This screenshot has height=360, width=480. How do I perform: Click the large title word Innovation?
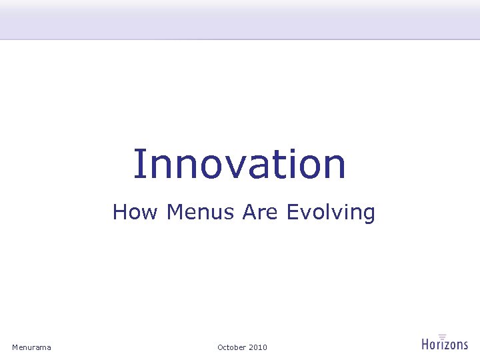pyautogui.click(x=239, y=164)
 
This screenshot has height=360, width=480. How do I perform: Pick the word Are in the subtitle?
pyautogui.click(x=261, y=213)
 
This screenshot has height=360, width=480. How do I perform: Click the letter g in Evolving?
pyautogui.click(x=369, y=215)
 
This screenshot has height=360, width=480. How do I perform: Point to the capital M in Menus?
pyautogui.click(x=174, y=212)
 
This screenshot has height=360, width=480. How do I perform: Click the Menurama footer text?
pyautogui.click(x=31, y=347)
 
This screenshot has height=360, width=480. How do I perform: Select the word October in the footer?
pyautogui.click(x=231, y=347)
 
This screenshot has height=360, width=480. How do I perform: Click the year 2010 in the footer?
pyautogui.click(x=258, y=347)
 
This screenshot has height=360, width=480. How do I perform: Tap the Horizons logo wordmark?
pyautogui.click(x=445, y=345)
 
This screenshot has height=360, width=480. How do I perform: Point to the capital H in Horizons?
pyautogui.click(x=426, y=344)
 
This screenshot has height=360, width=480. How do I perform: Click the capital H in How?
pyautogui.click(x=120, y=212)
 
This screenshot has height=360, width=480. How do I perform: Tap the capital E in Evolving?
pyautogui.click(x=292, y=212)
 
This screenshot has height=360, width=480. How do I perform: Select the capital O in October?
pyautogui.click(x=221, y=347)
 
